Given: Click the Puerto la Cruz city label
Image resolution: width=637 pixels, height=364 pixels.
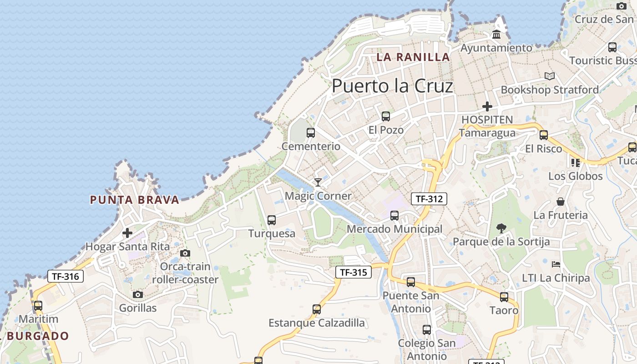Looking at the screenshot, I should pyautogui.click(x=392, y=86).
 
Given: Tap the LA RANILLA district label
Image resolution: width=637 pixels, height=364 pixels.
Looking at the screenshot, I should pyautogui.click(x=413, y=57).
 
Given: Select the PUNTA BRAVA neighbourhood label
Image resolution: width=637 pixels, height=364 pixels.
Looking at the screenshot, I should pyautogui.click(x=135, y=200).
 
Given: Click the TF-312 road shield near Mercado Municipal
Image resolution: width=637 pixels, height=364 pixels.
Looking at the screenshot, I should pyautogui.click(x=429, y=198).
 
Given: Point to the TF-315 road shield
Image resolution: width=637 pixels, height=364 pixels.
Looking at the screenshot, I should pyautogui.click(x=354, y=273).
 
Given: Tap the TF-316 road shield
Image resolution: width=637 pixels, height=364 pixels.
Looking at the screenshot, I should pyautogui.click(x=66, y=276).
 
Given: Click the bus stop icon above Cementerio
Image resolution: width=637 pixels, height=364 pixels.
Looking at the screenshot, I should pyautogui.click(x=311, y=133).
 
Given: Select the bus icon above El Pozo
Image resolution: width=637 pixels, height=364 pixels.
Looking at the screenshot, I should pyautogui.click(x=386, y=116).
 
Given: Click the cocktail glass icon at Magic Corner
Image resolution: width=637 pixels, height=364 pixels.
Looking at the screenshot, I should pyautogui.click(x=318, y=182).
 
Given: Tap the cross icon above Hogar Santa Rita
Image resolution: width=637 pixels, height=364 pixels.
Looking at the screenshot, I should pyautogui.click(x=127, y=233).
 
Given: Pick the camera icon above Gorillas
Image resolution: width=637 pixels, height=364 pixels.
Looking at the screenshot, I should pyautogui.click(x=138, y=295).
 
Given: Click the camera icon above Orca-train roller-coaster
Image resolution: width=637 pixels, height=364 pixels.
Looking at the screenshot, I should pyautogui.click(x=185, y=253).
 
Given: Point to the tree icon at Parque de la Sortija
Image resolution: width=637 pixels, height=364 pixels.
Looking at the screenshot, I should pyautogui.click(x=501, y=228).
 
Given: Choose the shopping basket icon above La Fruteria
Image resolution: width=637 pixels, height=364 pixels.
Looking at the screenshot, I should pyautogui.click(x=561, y=202).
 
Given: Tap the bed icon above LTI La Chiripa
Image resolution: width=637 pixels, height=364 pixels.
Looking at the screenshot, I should pyautogui.click(x=556, y=264).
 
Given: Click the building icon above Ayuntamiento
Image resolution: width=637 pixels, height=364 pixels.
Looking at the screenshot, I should pyautogui.click(x=496, y=35).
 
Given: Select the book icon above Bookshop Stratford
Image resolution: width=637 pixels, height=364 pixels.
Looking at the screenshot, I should pyautogui.click(x=550, y=76).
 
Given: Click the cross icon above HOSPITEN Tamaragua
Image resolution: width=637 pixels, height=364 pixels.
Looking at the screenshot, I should pyautogui.click(x=487, y=107).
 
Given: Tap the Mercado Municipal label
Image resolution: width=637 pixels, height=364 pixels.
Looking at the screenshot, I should pyautogui.click(x=394, y=229).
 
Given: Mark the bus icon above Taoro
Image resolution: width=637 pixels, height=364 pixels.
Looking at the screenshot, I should pyautogui.click(x=504, y=297).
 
